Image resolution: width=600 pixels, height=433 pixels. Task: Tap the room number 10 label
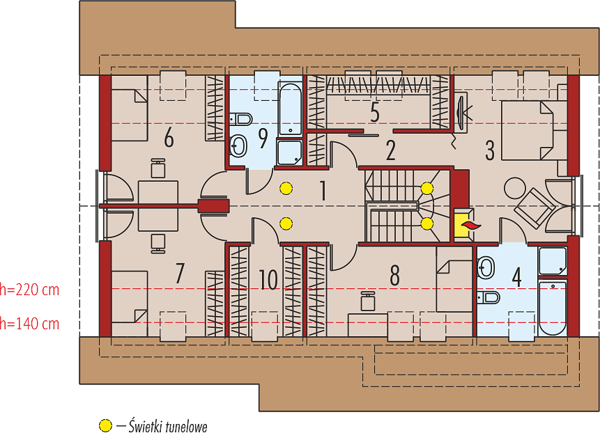pyautogui.click(x=268, y=280)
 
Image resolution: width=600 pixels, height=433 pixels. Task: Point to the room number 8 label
pyautogui.click(x=394, y=275)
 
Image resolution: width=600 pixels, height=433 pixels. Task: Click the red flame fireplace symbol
pyautogui.click(x=471, y=226)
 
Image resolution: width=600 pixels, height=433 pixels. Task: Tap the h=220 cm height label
pyautogui.click(x=29, y=290)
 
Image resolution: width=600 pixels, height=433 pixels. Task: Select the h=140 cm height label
pyautogui.click(x=29, y=324)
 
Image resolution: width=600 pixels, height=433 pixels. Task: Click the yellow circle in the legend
pyautogui.click(x=105, y=425)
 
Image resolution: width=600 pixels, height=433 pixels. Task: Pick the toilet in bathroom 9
pyautogui.click(x=240, y=119)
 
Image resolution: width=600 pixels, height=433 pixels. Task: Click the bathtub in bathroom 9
pyautogui.click(x=291, y=109)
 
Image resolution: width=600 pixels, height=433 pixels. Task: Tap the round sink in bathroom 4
pyautogui.click(x=486, y=267)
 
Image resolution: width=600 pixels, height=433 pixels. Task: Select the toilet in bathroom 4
pyautogui.click(x=489, y=297)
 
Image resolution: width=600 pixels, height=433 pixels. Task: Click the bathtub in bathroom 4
pyautogui.click(x=552, y=308)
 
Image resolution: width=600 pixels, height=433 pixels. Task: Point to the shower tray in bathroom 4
pyautogui.click(x=552, y=261)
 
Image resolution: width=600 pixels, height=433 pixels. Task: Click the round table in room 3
pyautogui.click(x=515, y=188)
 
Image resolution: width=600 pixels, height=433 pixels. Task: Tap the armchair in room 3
pyautogui.click(x=534, y=207)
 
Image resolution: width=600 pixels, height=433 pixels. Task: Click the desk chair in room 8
pyautogui.click(x=368, y=301)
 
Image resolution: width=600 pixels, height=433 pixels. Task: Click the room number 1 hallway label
pyautogui.click(x=323, y=191)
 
